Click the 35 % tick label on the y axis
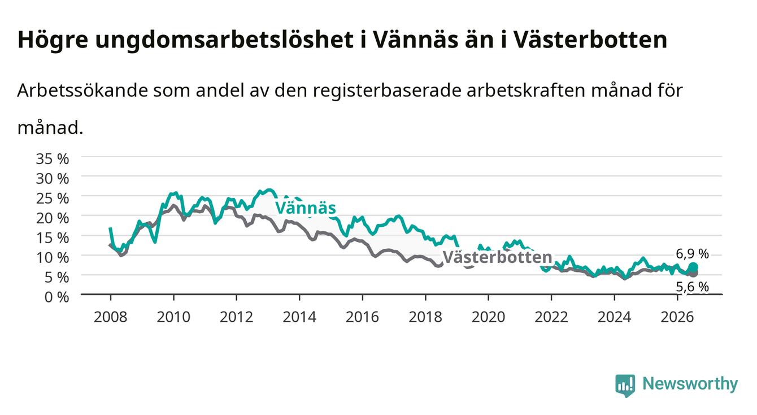(x=53, y=159)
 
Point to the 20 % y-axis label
(x=53, y=218)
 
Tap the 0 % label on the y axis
(x=56, y=297)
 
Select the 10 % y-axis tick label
(x=53, y=258)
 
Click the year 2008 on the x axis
(x=110, y=317)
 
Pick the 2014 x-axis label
(x=299, y=317)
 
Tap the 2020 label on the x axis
(x=488, y=317)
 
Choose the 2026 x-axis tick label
(x=677, y=317)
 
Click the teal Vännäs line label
(x=306, y=207)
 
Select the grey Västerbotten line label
(x=497, y=257)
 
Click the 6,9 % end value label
(x=692, y=254)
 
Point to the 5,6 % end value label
(x=692, y=287)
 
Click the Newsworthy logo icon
(x=625, y=386)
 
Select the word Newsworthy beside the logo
(x=690, y=384)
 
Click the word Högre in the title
(x=53, y=40)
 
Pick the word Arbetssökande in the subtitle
(x=82, y=90)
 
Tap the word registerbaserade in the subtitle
(x=387, y=91)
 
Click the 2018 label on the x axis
(x=425, y=317)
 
